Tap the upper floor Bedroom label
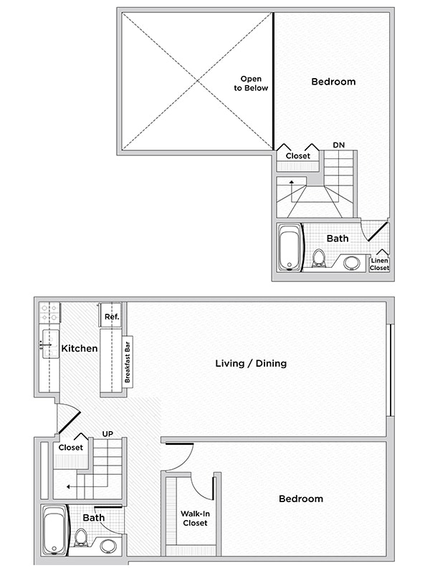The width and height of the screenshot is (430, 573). [x=333, y=82]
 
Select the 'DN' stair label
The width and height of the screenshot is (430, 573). [x=338, y=145]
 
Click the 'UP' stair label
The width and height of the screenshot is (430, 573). [x=107, y=434]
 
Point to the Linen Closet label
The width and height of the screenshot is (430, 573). [x=379, y=264]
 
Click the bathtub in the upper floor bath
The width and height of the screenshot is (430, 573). [x=290, y=248]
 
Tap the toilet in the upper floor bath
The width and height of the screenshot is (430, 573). [x=319, y=259]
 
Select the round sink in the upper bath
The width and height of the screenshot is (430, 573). [x=351, y=262]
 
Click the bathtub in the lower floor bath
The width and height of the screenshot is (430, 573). [x=54, y=529]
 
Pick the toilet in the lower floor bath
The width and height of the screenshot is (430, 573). [x=82, y=538]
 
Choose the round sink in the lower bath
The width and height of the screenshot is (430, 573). [x=108, y=546]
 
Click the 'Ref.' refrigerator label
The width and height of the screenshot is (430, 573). [x=111, y=316]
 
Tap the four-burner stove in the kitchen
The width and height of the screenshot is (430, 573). [x=48, y=312]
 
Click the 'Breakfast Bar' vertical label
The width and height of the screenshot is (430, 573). [x=128, y=360]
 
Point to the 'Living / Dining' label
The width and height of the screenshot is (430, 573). [x=251, y=363]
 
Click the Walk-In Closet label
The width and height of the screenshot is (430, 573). [x=194, y=518]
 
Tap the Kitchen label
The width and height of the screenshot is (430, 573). [x=80, y=349]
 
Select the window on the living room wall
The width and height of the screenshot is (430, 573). [x=390, y=370]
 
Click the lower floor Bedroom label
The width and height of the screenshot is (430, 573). [x=301, y=499]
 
